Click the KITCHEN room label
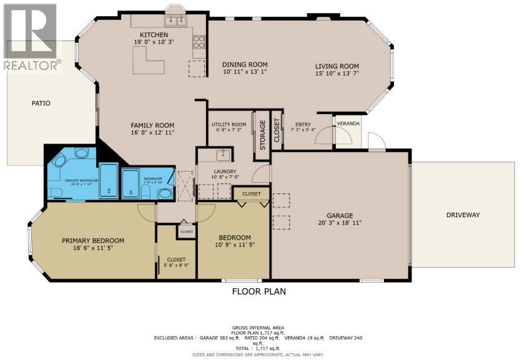coord(153,34)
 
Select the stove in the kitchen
coord(199,42)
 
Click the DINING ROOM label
coord(245,64)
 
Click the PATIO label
coord(41,103)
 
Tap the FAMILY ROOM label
coord(152,125)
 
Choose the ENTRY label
coord(303,124)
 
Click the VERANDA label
coord(348,124)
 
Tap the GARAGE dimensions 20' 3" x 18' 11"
coord(339,222)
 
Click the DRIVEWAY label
coord(463,215)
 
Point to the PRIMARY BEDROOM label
coord(92,240)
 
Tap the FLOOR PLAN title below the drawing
coord(259,291)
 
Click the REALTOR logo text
coord(32,64)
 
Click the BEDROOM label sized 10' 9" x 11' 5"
coord(234,237)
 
